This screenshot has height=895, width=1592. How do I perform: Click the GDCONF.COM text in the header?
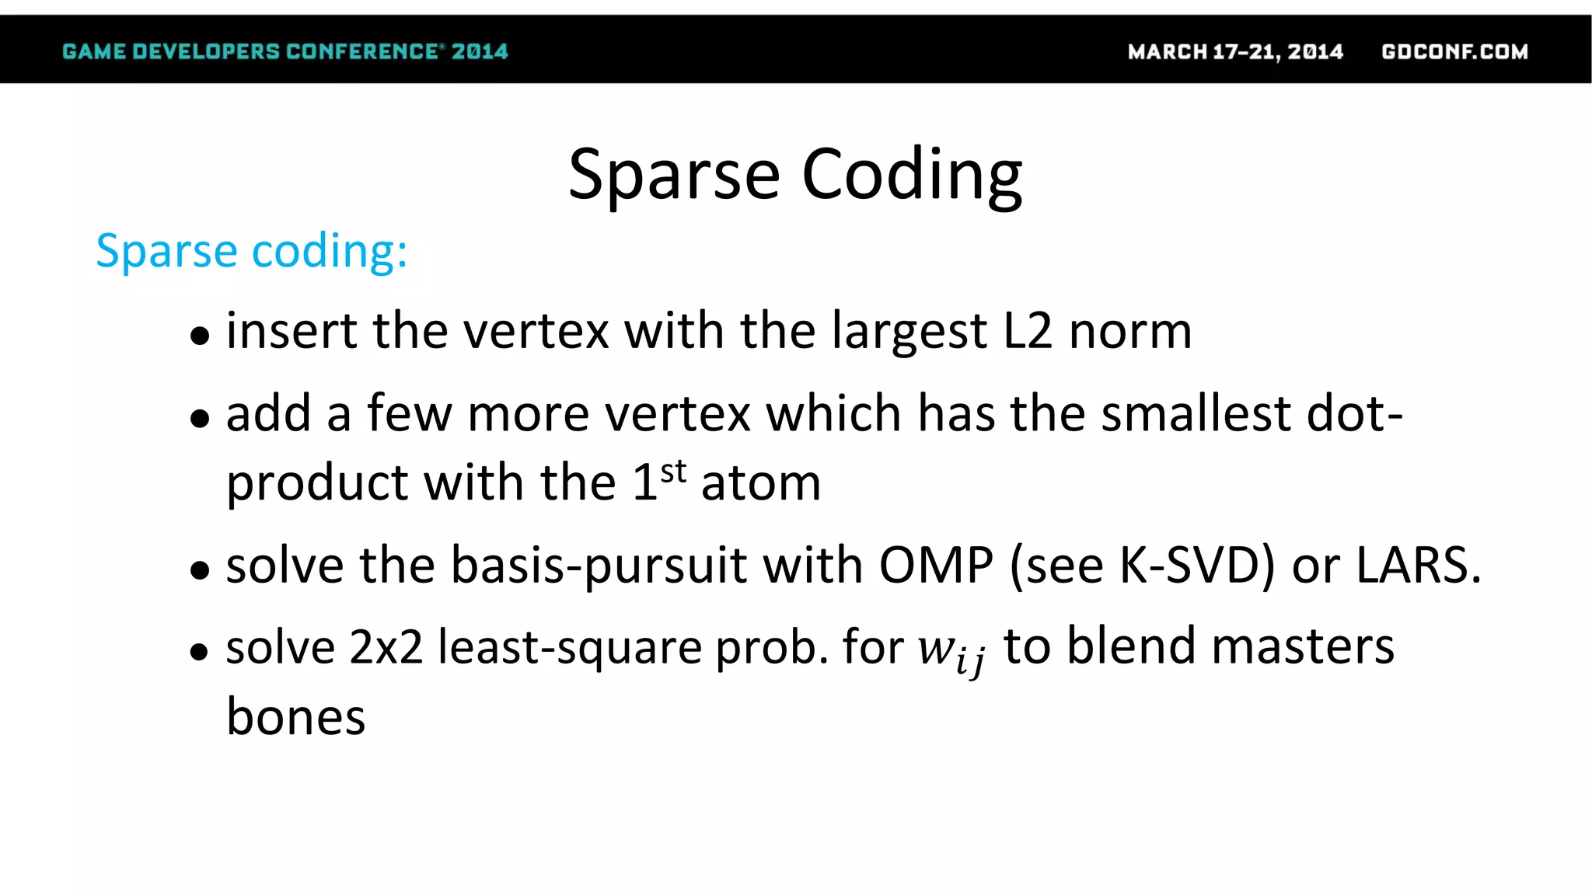(1454, 52)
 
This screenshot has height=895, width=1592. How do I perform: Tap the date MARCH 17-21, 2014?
(1235, 52)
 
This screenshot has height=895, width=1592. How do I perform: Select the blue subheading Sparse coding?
(251, 251)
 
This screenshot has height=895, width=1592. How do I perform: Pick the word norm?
(1130, 332)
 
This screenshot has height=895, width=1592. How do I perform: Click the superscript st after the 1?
(673, 471)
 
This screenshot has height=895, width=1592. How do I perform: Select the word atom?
(761, 483)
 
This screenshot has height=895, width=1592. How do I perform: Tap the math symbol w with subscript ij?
(951, 651)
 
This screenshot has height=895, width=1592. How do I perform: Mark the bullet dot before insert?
(200, 336)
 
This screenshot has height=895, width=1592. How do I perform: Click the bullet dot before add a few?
(200, 418)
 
